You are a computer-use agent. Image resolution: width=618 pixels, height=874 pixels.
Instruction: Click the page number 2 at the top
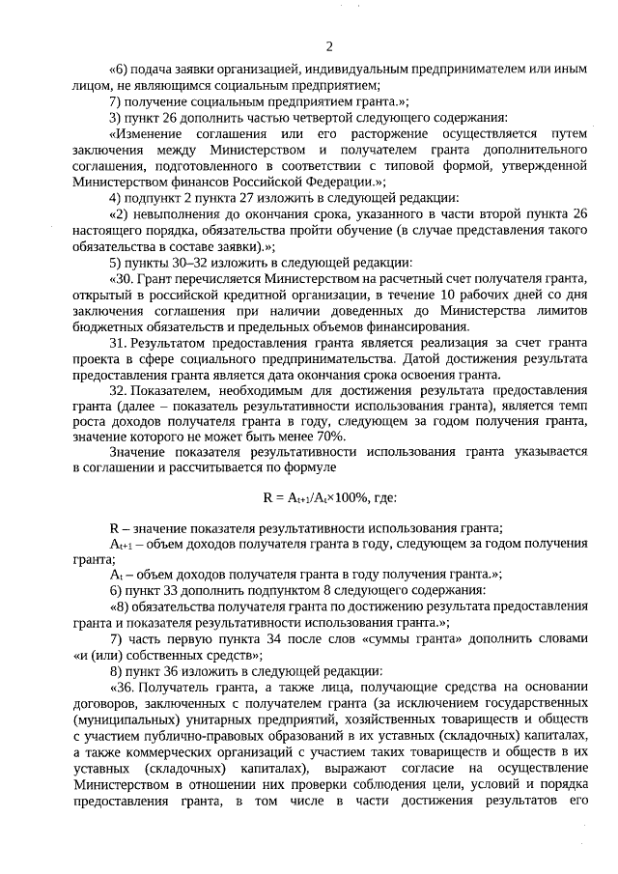pos(329,45)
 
